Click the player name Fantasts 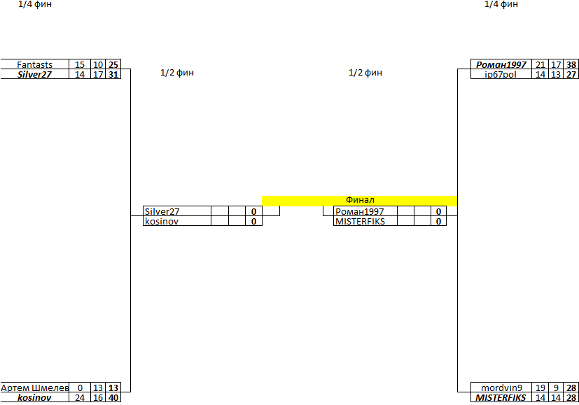pos(34,65)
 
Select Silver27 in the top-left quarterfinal pos(34,74)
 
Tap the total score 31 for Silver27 pos(113,74)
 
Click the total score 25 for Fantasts pos(113,65)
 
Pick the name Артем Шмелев pos(34,388)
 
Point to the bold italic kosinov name pos(34,397)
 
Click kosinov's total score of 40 pos(113,397)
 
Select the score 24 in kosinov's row pos(80,397)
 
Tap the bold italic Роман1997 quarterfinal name pos(501,65)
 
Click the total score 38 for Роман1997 pos(571,65)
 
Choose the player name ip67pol pos(500,74)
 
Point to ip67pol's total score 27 pos(571,74)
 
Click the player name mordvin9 pos(501,388)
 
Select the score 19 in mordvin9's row pos(540,388)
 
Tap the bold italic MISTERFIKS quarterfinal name pos(501,397)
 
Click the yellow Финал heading pos(360,200)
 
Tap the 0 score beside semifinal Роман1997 pos(438,211)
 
